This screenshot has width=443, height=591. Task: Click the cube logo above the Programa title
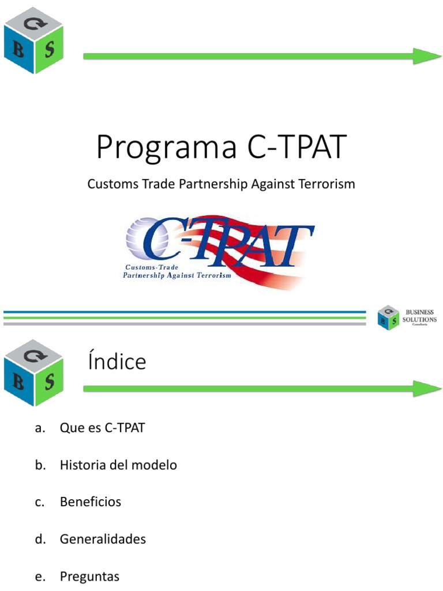(33, 41)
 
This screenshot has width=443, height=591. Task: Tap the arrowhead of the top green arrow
(428, 55)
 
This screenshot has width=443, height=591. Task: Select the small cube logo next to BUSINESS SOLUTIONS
(388, 317)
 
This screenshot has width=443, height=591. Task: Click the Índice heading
(117, 362)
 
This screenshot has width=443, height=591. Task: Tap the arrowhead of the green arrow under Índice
(428, 388)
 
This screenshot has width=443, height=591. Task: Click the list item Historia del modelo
(118, 465)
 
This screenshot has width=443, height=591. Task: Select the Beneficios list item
(91, 502)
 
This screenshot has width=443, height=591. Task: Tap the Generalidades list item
(103, 539)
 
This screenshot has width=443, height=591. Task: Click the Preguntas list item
(89, 577)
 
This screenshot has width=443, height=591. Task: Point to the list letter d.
(39, 539)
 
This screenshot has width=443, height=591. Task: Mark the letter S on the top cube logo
(50, 49)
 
